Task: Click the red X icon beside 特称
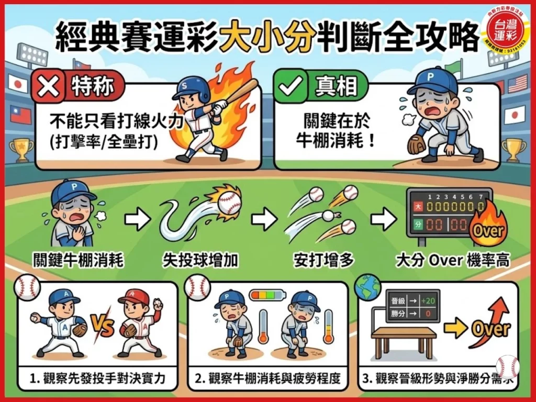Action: (x=48, y=86)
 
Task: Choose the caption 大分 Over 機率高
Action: (x=452, y=260)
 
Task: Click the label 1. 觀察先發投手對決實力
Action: (x=97, y=378)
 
